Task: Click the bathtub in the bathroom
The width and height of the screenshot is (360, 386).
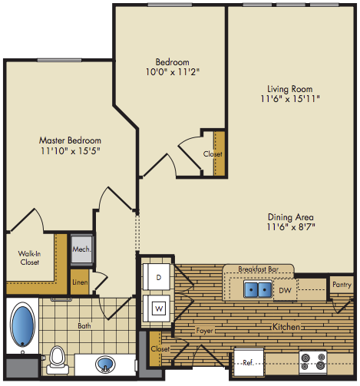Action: [22, 324]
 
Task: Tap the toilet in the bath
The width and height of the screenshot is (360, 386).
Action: [58, 361]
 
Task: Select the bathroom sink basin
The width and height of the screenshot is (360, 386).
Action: [105, 364]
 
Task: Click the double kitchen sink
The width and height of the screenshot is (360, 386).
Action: [258, 289]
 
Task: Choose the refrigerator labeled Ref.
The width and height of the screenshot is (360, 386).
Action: [249, 362]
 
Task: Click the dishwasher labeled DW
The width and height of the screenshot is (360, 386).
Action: [285, 290]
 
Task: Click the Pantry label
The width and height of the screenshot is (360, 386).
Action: [342, 285]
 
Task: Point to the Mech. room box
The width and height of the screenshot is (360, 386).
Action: [81, 249]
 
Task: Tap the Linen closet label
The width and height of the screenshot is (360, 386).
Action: [80, 282]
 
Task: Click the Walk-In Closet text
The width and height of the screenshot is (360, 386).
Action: [29, 258]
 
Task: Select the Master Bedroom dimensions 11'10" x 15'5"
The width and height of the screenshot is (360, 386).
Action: [71, 151]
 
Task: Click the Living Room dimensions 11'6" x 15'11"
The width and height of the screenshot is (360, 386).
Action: [290, 98]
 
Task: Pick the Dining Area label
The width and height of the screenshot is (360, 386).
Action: [291, 217]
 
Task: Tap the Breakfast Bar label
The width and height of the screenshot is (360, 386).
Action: [258, 269]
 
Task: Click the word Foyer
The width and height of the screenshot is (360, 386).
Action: [204, 331]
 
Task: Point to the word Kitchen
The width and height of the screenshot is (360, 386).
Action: [286, 327]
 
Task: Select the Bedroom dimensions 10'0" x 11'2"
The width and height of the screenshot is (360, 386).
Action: [173, 72]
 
